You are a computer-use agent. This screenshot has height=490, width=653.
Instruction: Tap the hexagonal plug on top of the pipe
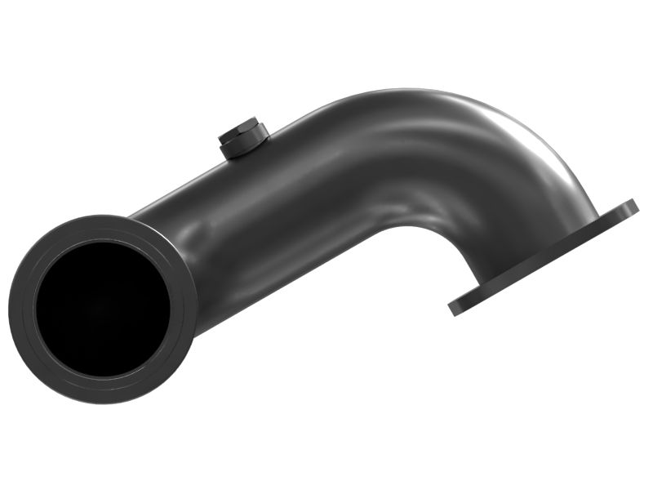(242, 137)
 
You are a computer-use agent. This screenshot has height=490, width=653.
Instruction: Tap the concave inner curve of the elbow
(424, 233)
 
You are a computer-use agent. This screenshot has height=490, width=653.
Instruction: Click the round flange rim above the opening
(102, 229)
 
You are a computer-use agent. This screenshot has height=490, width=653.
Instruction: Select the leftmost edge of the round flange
(12, 310)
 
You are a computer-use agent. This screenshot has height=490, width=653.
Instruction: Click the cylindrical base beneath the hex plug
(237, 150)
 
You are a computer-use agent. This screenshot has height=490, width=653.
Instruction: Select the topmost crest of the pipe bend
(408, 91)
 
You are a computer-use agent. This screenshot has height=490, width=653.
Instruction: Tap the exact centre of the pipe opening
(102, 309)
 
